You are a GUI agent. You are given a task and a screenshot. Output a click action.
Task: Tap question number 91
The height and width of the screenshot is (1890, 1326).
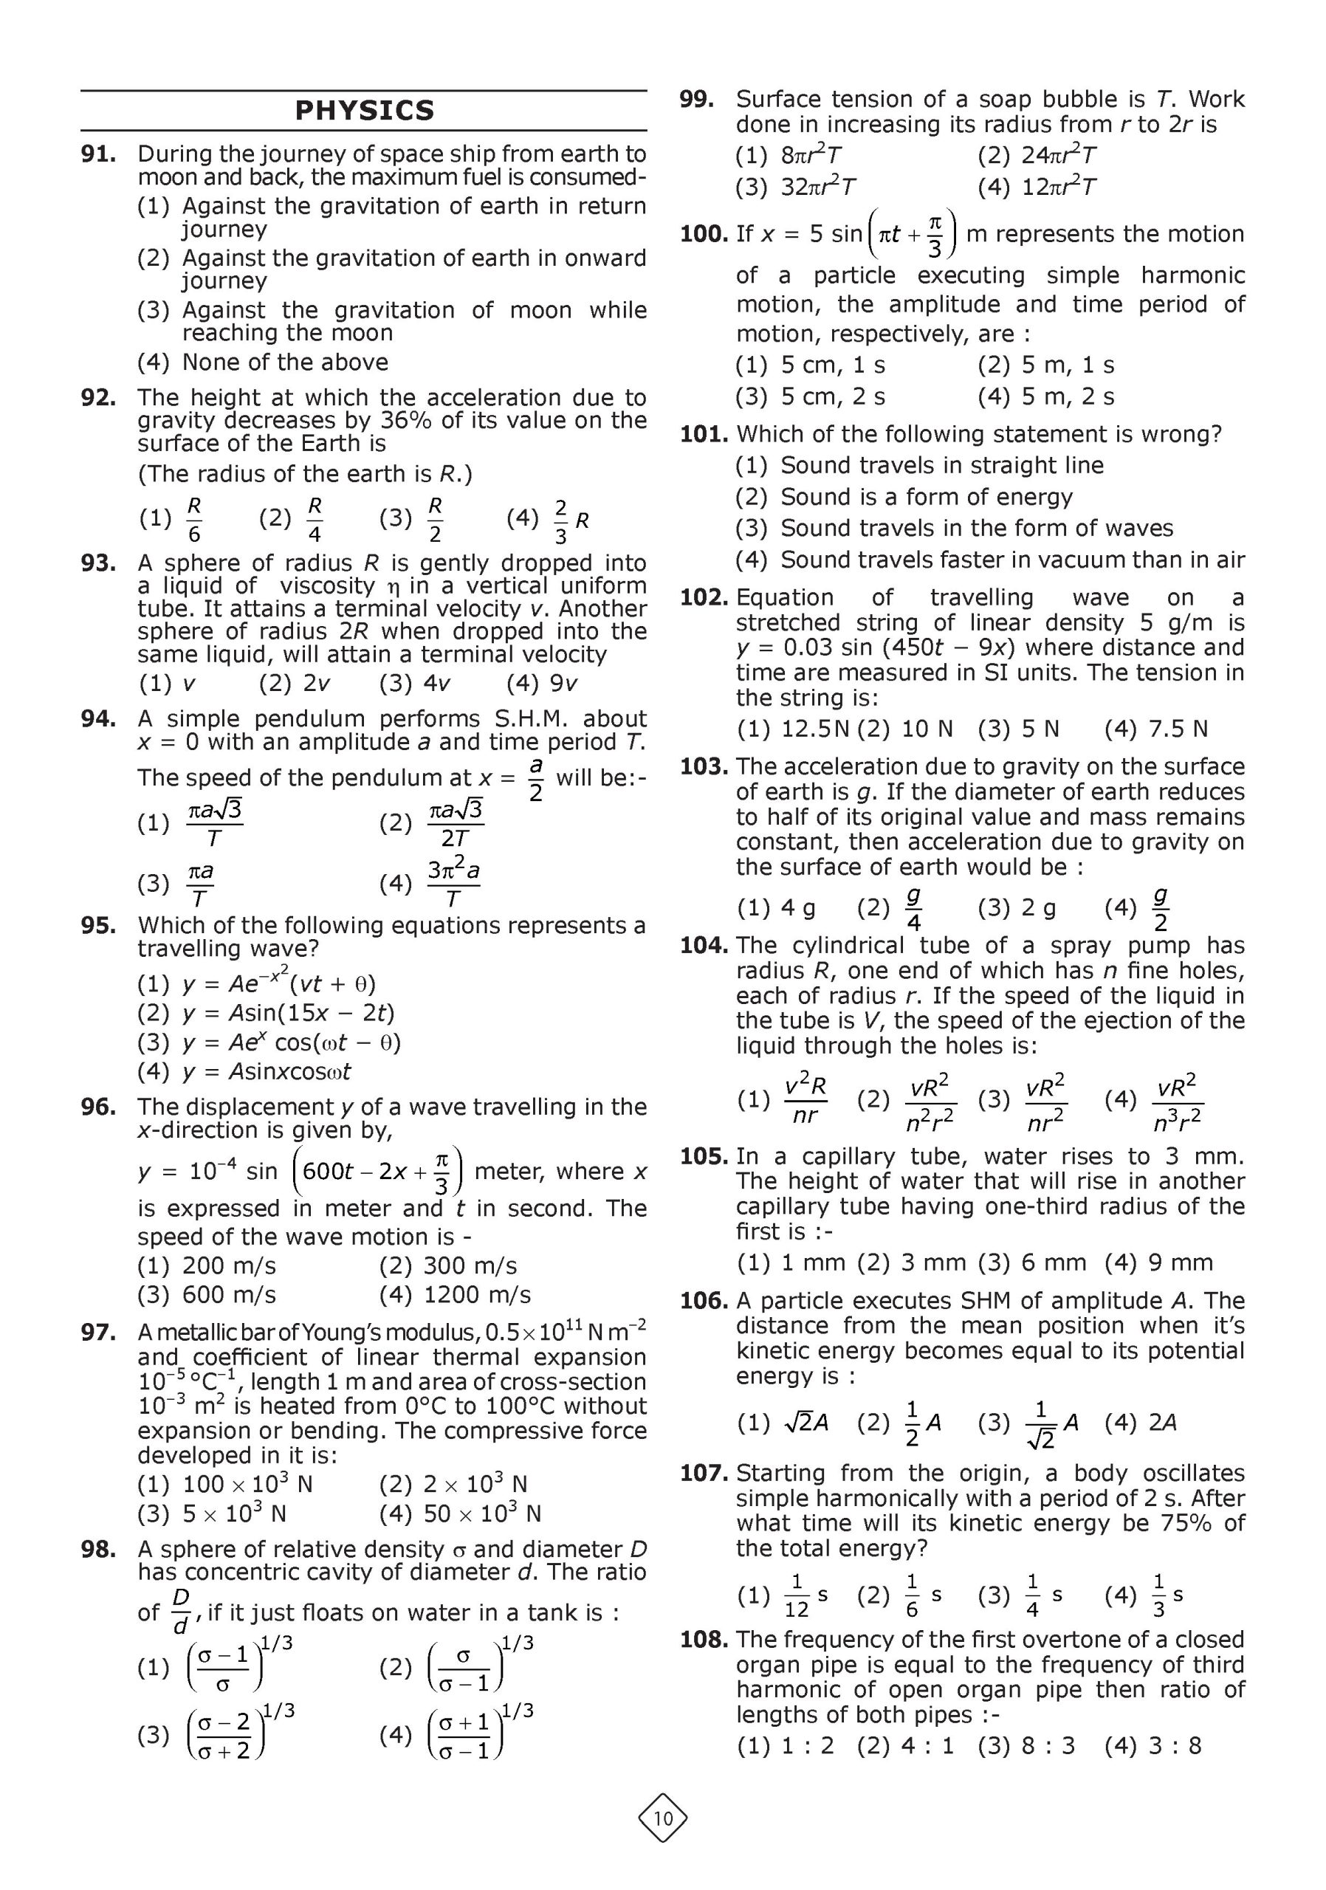coord(98,154)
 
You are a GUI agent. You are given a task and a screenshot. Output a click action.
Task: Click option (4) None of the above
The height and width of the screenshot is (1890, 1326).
coord(285,362)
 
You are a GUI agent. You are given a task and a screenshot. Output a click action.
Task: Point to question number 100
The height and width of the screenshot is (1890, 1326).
coord(704,235)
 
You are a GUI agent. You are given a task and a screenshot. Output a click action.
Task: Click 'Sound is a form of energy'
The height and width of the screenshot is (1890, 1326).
coord(926,497)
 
